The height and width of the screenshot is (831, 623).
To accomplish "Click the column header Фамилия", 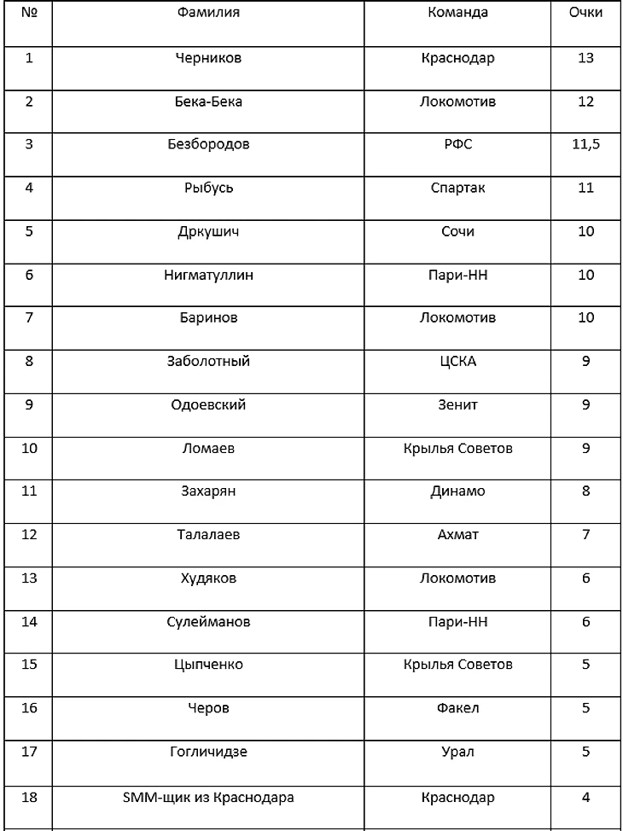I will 208,13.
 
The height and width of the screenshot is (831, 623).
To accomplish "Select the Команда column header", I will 457,13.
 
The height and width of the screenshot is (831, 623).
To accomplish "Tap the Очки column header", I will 585,13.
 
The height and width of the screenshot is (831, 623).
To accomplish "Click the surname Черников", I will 208,58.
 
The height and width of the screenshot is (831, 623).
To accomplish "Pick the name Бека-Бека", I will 208,102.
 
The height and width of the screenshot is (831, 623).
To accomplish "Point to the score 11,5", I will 585,145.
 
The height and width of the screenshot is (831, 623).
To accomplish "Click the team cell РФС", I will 457,145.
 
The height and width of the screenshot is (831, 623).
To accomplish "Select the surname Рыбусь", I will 208,188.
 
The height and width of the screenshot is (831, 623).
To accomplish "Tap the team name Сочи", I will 457,231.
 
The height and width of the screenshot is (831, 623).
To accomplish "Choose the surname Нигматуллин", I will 208,275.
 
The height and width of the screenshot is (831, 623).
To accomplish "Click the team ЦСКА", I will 457,362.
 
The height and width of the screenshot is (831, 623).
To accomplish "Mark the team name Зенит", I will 457,405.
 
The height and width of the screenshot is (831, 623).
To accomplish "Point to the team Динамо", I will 457,491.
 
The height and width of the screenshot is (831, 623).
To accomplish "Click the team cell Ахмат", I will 457,535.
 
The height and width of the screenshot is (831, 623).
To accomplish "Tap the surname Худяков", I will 208,578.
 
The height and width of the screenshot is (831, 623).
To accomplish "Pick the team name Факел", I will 457,708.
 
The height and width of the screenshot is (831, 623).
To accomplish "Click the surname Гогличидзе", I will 208,752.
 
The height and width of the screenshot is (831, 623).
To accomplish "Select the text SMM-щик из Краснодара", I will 208,798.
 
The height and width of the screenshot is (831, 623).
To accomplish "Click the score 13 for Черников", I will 585,58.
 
